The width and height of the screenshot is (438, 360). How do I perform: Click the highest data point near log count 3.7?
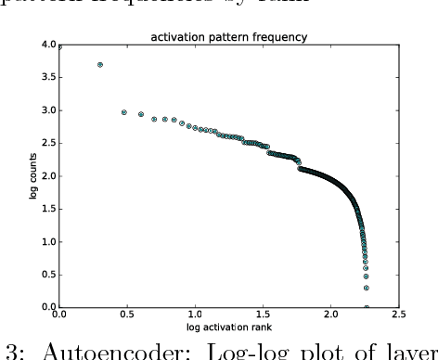coord(100,65)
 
